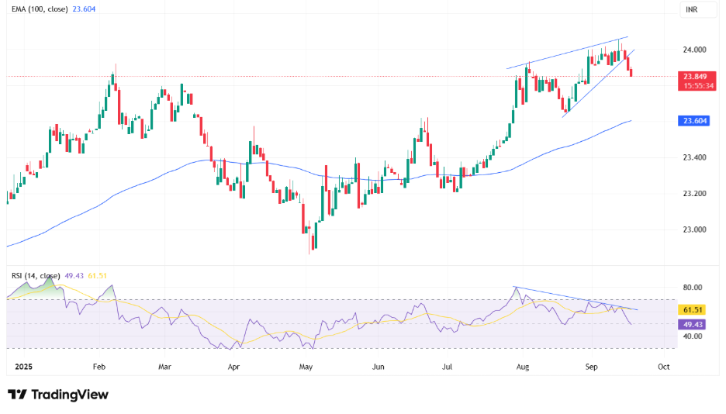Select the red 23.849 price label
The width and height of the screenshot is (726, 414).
(693, 76)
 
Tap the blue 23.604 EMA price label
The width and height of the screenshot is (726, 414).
(693, 121)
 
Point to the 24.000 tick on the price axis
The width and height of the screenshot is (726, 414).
(693, 50)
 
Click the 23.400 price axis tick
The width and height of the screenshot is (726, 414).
(693, 157)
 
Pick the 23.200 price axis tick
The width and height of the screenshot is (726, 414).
(693, 193)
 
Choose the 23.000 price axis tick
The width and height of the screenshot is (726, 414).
(693, 229)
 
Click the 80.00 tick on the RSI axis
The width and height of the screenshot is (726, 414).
(692, 288)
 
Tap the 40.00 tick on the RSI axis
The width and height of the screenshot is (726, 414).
(692, 336)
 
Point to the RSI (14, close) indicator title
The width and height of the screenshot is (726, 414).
(34, 274)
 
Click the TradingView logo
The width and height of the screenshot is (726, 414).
(58, 395)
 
